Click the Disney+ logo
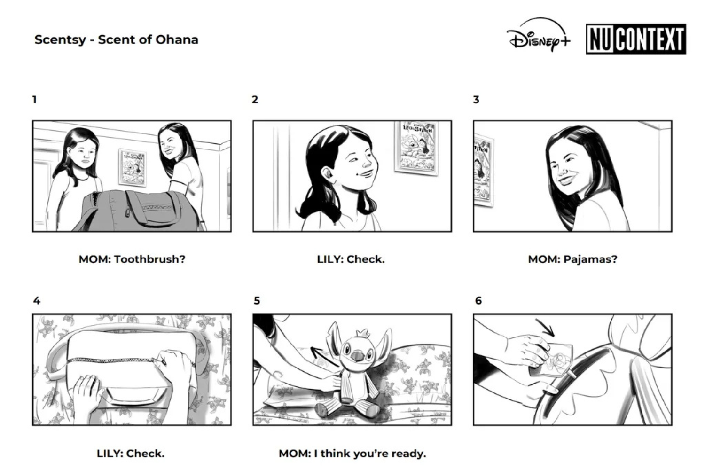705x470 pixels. click(x=539, y=35)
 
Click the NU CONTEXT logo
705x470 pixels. click(x=636, y=39)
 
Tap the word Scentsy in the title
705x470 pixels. click(x=60, y=40)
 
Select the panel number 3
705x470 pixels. click(x=476, y=100)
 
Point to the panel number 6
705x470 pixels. click(x=478, y=301)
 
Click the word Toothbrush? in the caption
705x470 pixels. click(x=150, y=259)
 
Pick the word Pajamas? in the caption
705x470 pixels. click(x=590, y=259)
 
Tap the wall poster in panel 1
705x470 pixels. click(x=133, y=168)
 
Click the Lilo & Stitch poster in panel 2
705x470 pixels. click(x=416, y=148)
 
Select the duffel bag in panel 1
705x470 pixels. click(x=139, y=210)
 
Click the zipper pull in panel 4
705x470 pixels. click(x=162, y=361)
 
